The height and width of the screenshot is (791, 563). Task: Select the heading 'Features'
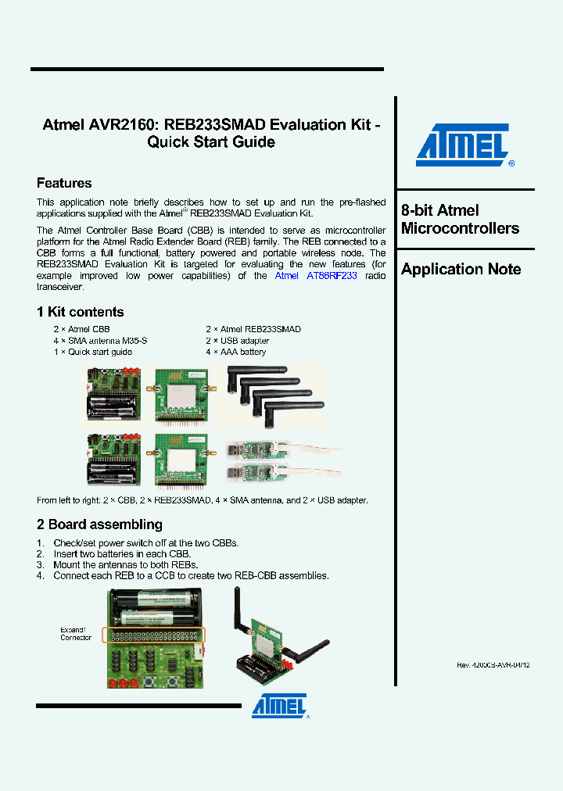coord(64,183)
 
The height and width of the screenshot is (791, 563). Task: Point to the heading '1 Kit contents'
coord(80,312)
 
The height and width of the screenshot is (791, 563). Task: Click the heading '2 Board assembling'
coord(99,524)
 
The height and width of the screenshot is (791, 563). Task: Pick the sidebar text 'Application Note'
coord(461,269)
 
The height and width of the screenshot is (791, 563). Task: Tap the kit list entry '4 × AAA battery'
coord(236,352)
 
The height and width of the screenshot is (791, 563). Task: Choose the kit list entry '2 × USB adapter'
coord(238,341)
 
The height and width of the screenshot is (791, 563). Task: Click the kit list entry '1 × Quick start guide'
coord(92,352)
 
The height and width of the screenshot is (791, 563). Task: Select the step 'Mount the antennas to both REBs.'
coord(125,564)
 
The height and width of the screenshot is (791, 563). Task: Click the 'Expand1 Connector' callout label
coord(76,633)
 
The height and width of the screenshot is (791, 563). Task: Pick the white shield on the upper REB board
coord(182,397)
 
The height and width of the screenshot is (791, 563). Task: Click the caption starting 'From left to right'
coord(202,500)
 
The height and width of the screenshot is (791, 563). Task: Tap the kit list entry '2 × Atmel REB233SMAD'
coord(253,330)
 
